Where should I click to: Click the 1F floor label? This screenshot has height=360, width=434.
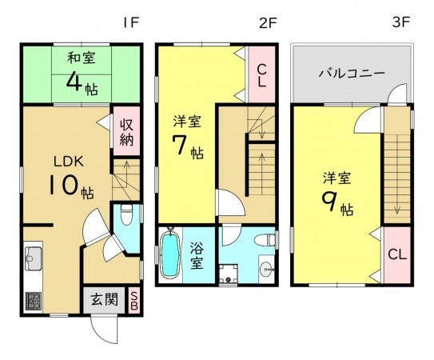click(x=130, y=23)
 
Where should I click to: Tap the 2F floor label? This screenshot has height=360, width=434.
click(x=268, y=23)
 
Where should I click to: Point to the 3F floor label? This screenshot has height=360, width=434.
click(x=400, y=22)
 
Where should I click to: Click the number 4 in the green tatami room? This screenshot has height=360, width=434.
click(x=74, y=81)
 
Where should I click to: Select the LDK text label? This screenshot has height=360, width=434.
click(x=69, y=162)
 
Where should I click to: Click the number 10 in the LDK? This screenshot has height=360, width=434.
click(x=62, y=185)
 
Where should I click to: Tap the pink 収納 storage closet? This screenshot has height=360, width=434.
click(x=126, y=131)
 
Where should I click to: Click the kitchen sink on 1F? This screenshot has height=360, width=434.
click(x=34, y=258)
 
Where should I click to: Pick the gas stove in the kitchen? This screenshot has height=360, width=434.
click(x=34, y=301)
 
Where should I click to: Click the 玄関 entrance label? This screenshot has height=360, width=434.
click(x=105, y=299)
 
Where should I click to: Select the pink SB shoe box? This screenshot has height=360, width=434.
click(x=134, y=301)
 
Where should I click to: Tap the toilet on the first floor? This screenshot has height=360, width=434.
click(x=126, y=214)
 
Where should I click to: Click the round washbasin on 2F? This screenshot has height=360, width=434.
click(x=266, y=269)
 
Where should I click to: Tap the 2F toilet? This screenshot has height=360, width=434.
click(x=265, y=239)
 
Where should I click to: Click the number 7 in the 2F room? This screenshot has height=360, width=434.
click(x=178, y=145)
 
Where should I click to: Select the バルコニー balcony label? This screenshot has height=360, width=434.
click(x=352, y=73)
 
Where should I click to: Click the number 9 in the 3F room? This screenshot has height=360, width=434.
click(x=328, y=201)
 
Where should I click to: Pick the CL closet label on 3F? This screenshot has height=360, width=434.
click(x=397, y=254)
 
